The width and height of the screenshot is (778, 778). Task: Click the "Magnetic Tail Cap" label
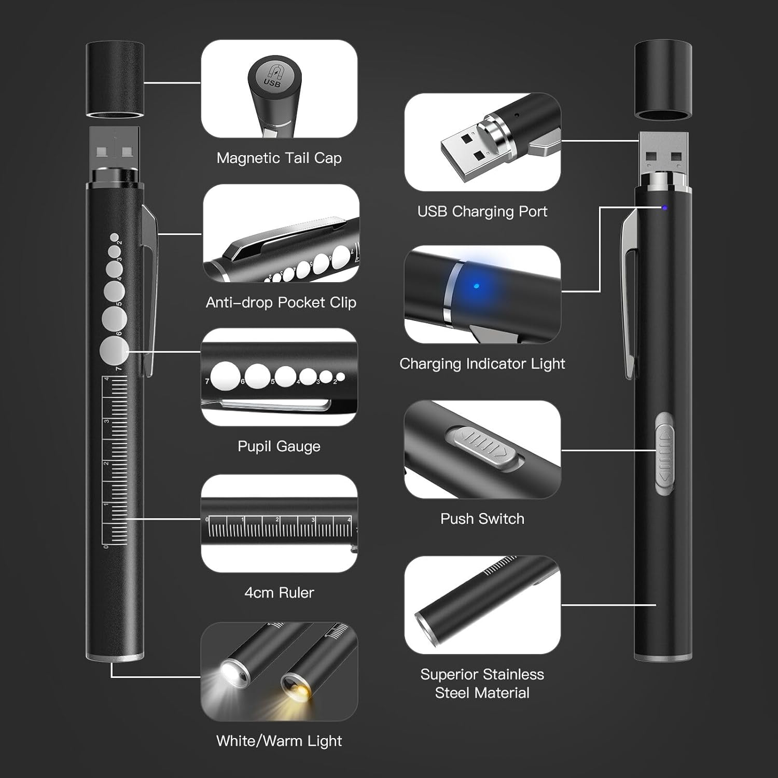[x=279, y=158]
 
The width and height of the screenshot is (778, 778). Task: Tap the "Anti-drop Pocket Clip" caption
[x=281, y=302]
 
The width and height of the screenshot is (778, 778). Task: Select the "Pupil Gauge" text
[x=279, y=446]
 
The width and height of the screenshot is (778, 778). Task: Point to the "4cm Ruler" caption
[x=279, y=592]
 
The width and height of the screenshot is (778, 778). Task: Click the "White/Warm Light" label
[x=279, y=741]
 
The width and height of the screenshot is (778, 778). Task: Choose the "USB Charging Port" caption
[x=482, y=212]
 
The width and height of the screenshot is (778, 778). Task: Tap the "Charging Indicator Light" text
[x=482, y=364]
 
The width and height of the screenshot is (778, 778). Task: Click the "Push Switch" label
[x=482, y=519]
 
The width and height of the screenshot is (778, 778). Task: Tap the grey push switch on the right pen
[x=664, y=454]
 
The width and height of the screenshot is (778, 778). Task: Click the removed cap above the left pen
[x=115, y=79]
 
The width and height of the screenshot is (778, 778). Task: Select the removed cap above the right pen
[x=663, y=79]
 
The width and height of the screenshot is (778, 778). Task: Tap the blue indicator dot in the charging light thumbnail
[x=477, y=286]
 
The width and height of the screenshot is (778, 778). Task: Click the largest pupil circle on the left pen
[x=114, y=351]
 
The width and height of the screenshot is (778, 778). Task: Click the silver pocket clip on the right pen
[x=630, y=290]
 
